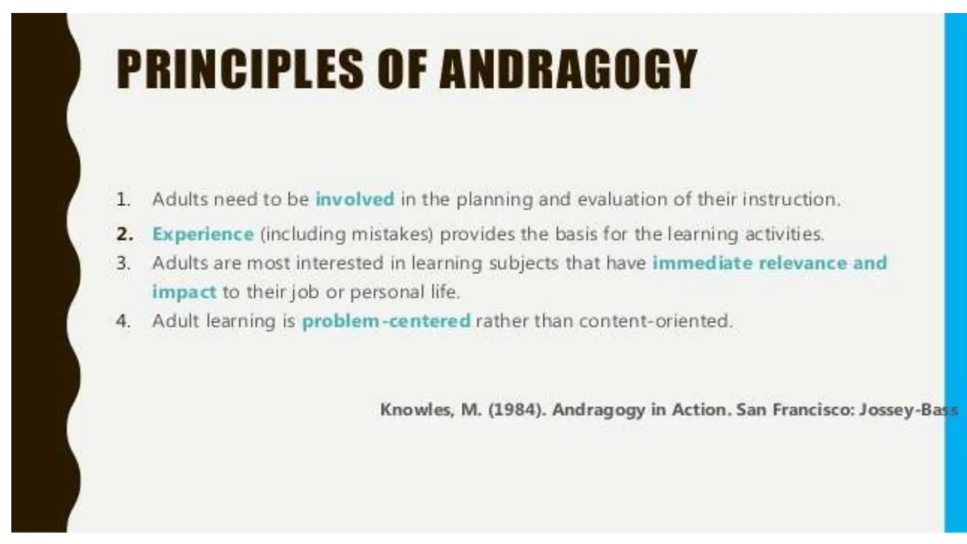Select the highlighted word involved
(355, 199)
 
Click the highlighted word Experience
(203, 234)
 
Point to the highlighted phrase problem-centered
(386, 321)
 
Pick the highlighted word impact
(184, 292)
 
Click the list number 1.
(123, 199)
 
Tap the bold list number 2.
(124, 234)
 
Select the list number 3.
(123, 263)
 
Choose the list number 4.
(123, 321)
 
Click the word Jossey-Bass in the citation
(908, 409)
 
